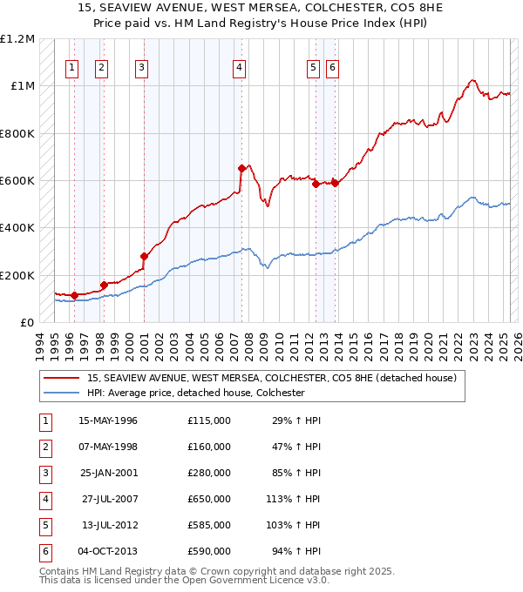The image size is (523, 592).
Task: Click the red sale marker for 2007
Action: tap(241, 168)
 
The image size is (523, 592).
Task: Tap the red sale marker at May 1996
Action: tap(74, 295)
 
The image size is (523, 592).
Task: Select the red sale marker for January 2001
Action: tap(144, 256)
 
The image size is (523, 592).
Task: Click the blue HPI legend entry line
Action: tap(62, 393)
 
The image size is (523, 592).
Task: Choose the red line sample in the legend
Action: tap(62, 378)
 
